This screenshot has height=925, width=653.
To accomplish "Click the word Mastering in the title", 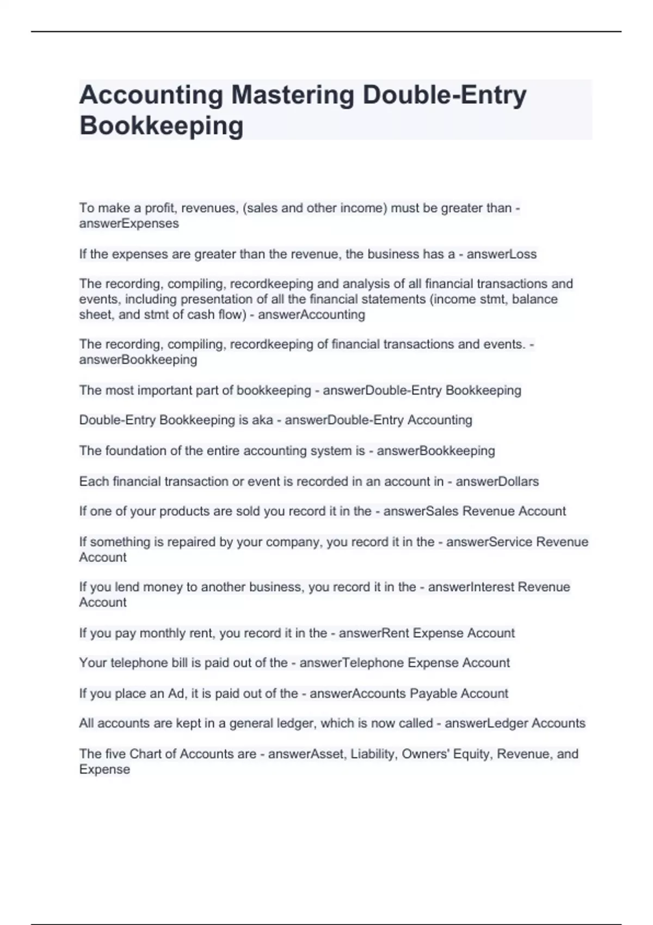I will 293,95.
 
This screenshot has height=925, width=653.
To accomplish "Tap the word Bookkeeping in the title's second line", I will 161,125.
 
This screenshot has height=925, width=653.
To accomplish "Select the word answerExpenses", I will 129,224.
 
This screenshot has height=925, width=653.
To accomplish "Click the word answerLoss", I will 501,254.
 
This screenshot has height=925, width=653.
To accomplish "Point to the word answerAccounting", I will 311,314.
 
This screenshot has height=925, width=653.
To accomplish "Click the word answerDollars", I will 497,482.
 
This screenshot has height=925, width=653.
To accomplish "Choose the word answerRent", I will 373,633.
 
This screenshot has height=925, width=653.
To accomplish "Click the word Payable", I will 433,694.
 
